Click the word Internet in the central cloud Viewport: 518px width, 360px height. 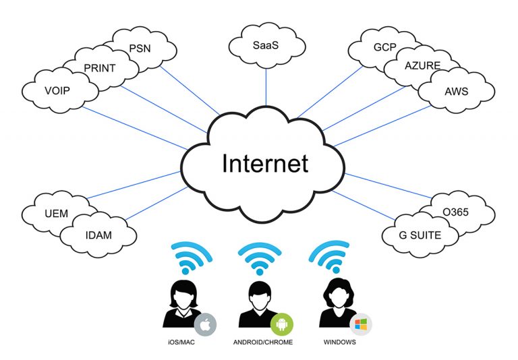[x=265, y=163]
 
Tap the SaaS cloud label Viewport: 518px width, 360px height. [x=266, y=45]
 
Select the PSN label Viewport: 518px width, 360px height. [x=140, y=49]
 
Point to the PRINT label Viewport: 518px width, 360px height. [x=99, y=68]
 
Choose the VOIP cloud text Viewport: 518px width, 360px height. [x=57, y=90]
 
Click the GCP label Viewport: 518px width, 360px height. [x=385, y=47]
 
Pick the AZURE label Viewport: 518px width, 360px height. [x=422, y=65]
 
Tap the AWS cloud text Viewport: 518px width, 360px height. [x=456, y=91]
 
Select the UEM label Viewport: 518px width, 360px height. [x=57, y=213]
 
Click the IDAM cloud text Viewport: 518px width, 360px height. [x=98, y=235]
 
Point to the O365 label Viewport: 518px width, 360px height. [x=455, y=212]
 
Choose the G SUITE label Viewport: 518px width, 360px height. [x=420, y=235]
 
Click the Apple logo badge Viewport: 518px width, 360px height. [x=205, y=324]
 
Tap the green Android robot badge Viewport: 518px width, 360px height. [x=282, y=324]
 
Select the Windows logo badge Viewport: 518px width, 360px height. [x=361, y=324]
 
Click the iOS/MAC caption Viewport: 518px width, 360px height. [x=181, y=342]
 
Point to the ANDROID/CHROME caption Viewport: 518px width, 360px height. [x=263, y=342]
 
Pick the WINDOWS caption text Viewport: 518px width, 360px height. [x=340, y=342]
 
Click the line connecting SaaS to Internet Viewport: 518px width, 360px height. [x=266, y=87]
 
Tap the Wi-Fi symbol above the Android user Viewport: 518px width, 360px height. [x=260, y=258]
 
